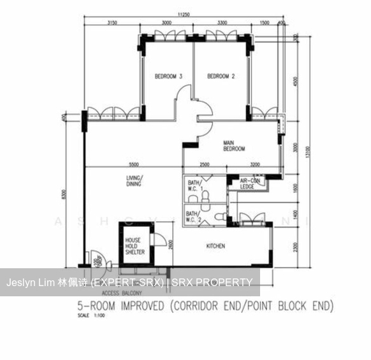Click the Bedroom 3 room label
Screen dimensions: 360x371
click(x=168, y=76)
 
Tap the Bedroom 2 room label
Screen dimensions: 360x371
click(x=221, y=76)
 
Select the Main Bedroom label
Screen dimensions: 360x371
click(x=234, y=146)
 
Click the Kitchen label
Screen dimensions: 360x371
click(x=215, y=246)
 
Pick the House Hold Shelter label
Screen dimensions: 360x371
click(x=135, y=246)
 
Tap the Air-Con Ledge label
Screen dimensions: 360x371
click(x=247, y=184)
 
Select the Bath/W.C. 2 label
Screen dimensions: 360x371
click(x=192, y=215)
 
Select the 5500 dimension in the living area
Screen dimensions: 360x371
click(x=133, y=164)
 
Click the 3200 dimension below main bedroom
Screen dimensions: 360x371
click(x=255, y=164)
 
